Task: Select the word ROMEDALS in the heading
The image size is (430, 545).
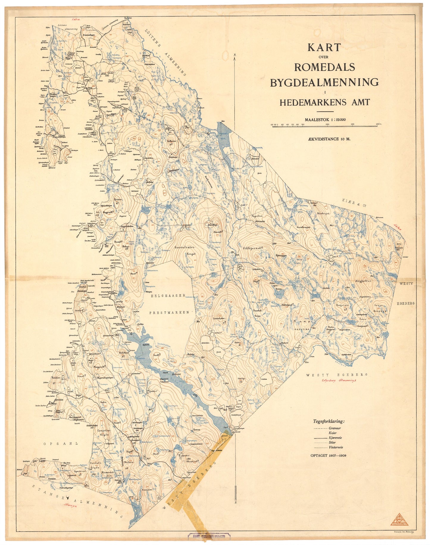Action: point(324,67)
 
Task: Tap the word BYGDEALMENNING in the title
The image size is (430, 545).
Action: point(324,82)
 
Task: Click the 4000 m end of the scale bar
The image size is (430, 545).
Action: point(377,125)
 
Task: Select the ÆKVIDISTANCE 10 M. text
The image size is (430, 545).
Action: point(325,138)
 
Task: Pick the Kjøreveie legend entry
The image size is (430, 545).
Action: point(335,438)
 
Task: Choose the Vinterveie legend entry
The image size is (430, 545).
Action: point(336,447)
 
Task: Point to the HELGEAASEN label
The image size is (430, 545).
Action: point(168,295)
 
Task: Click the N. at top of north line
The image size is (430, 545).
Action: point(235,55)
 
